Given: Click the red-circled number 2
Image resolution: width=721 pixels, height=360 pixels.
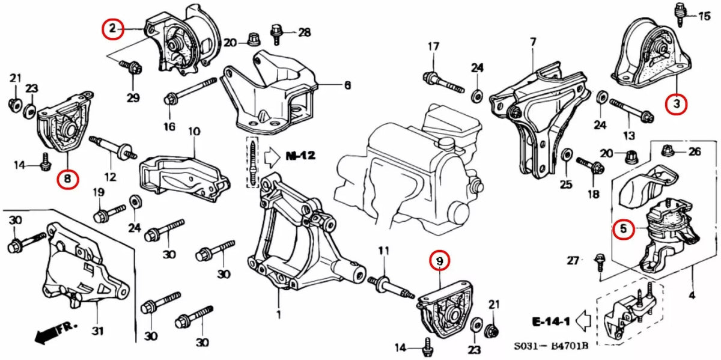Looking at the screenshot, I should click(112, 28).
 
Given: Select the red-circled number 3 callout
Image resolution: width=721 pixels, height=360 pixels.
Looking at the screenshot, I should click(677, 104).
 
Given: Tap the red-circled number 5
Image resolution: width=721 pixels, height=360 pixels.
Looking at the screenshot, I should click(624, 228).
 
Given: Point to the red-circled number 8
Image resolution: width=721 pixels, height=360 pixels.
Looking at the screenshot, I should click(68, 178).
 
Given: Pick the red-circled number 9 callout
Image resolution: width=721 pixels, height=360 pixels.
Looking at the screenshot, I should click(439, 261).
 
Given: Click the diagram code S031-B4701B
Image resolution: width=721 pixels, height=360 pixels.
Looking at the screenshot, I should click(550, 347).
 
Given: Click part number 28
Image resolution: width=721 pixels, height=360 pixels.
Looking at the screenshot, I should click(305, 32).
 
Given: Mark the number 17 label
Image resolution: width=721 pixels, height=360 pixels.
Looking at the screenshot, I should click(434, 47).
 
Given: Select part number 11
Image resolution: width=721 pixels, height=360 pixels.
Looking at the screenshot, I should click(384, 250).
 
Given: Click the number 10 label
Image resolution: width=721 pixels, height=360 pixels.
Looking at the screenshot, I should click(194, 130).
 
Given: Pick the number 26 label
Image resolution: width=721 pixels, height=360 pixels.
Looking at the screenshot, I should click(695, 151).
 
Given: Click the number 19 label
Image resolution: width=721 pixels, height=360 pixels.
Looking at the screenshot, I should click(99, 192).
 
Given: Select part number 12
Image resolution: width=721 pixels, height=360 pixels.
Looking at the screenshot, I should click(110, 177).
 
